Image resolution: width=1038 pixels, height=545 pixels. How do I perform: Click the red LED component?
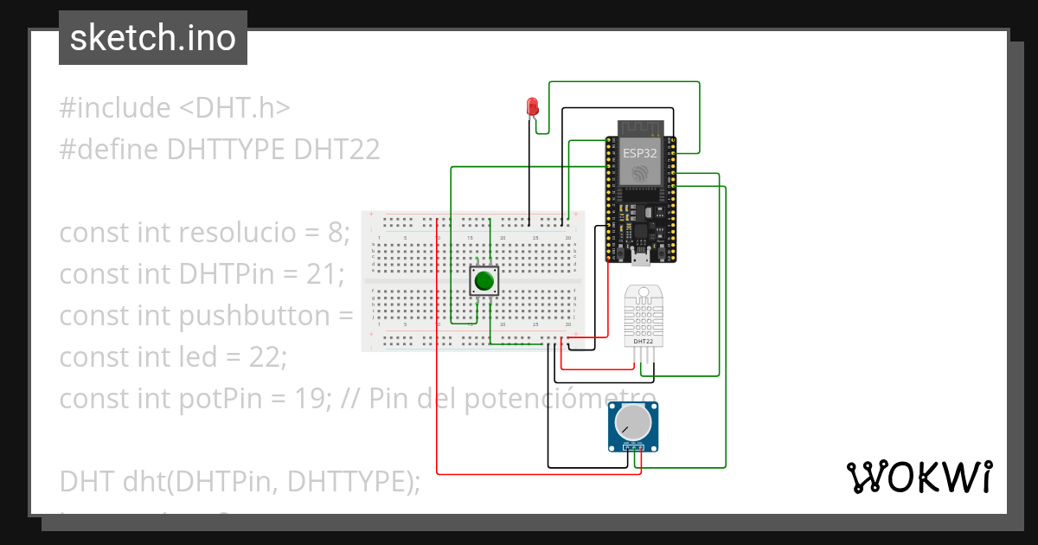point(533,107)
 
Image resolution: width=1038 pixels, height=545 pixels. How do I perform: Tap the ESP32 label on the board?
point(639,153)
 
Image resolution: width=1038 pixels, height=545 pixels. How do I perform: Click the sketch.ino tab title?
point(152,38)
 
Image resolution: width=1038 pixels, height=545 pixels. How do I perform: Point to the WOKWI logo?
point(919,477)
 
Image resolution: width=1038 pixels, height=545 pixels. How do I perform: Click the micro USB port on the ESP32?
point(641,256)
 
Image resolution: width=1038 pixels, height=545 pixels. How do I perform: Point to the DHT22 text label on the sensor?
point(643,341)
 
